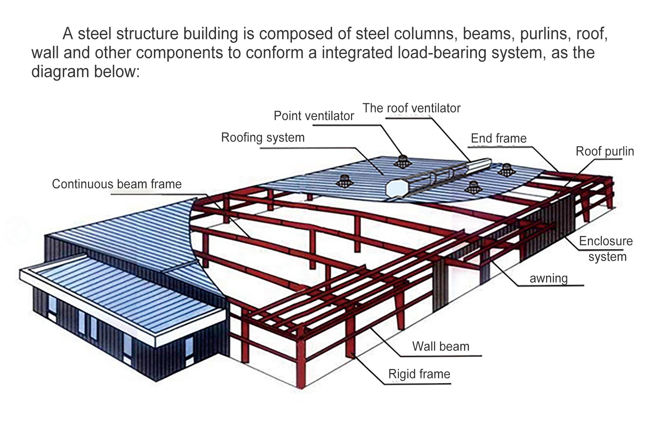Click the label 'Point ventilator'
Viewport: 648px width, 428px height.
(314, 116)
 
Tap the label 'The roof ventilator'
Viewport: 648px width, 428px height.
(411, 108)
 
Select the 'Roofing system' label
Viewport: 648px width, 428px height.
(263, 138)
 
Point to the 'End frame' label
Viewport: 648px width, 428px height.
(498, 138)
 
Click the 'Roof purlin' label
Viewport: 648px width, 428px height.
(605, 151)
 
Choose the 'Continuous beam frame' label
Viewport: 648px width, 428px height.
(117, 184)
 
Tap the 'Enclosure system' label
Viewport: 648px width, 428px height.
(606, 249)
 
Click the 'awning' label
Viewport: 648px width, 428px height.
(549, 279)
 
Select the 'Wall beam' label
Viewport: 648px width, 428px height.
(441, 346)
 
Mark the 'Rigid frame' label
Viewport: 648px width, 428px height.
(419, 374)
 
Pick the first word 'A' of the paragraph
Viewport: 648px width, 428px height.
(67, 34)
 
